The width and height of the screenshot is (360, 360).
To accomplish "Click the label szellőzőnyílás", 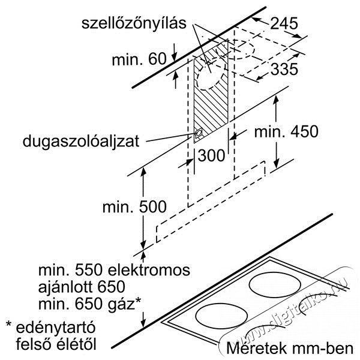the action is pos(134,23).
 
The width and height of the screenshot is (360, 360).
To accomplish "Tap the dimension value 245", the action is pos(284,23).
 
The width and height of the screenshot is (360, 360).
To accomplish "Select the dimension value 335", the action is pos(284,69).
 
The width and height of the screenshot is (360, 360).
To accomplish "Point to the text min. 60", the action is pos(139,59).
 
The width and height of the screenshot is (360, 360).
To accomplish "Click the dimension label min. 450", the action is pos(286,131).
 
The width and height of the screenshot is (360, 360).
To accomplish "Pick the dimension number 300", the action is pos(211,155).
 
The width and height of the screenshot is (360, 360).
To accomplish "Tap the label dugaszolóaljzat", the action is pos(81,142).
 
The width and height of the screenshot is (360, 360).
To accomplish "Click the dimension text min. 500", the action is pos(134,206).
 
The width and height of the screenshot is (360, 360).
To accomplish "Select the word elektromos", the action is pos(149,270).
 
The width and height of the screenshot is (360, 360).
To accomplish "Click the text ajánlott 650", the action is pos(82,287).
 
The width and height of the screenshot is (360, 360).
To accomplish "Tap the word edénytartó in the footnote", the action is pos(55,328).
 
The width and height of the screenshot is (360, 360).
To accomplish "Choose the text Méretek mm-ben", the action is pos(290,348).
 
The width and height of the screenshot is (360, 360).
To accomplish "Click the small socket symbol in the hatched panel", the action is pos(198,134).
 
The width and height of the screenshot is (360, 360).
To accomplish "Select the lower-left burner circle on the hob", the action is pos(222,317).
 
